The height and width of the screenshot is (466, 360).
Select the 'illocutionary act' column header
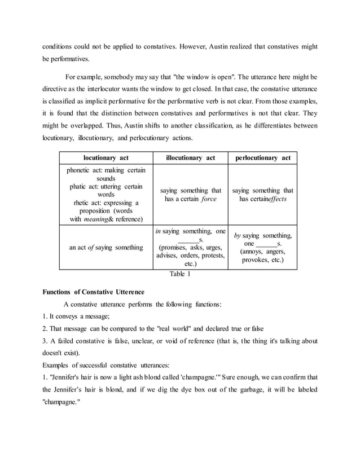tap(190, 158)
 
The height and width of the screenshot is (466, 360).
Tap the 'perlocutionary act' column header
tap(262, 158)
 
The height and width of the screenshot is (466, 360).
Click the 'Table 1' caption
tap(180, 275)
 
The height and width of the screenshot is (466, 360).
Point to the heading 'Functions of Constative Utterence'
tap(94, 292)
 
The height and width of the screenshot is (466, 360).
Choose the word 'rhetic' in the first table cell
tap(84, 203)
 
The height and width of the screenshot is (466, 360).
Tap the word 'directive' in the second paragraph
tap(57, 89)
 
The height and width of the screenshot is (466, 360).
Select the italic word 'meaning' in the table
tap(97, 219)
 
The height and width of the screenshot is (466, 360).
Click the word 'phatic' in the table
tap(80, 186)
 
